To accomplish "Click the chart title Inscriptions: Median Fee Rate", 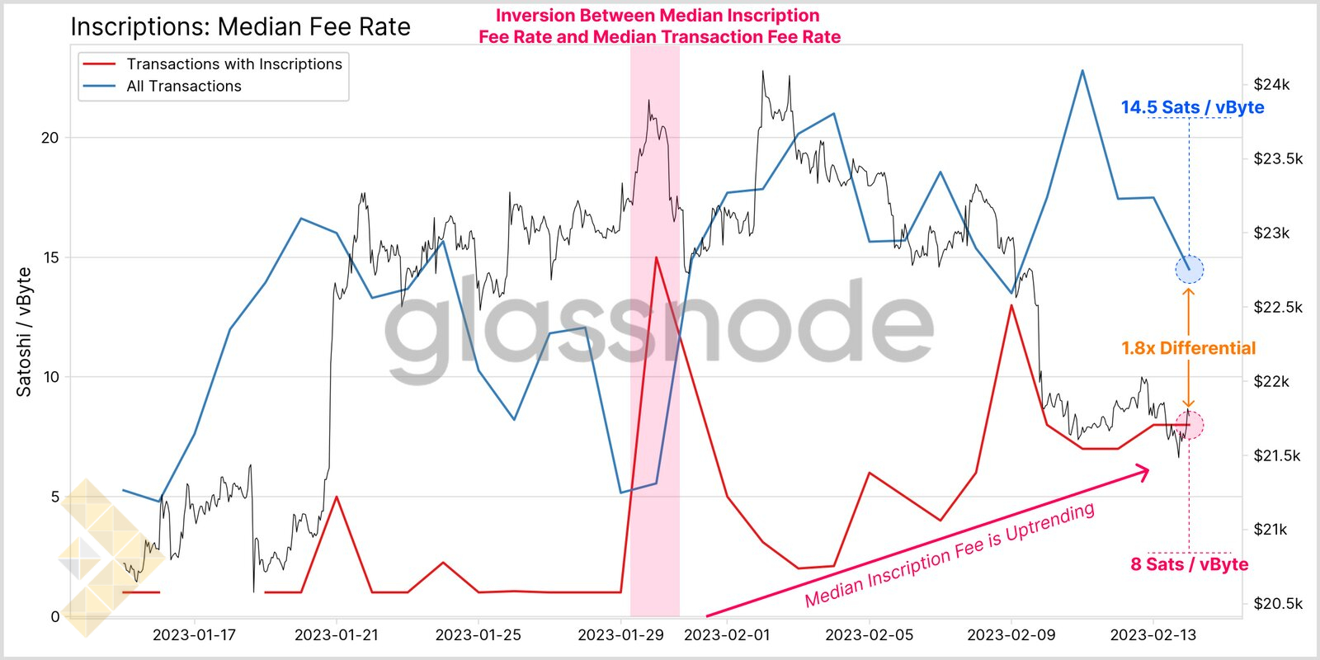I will pyautogui.click(x=240, y=27).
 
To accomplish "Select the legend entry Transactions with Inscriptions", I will pyautogui.click(x=234, y=64).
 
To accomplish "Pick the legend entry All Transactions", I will pyautogui.click(x=184, y=87).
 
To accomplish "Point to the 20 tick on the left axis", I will pyautogui.click(x=50, y=138).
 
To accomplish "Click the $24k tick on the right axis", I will pyautogui.click(x=1271, y=84).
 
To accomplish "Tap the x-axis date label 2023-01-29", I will pyautogui.click(x=620, y=635).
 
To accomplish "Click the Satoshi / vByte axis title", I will pyautogui.click(x=24, y=332).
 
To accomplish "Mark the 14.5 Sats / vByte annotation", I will pyautogui.click(x=1192, y=107).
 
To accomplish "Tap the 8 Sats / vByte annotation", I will pyautogui.click(x=1189, y=564).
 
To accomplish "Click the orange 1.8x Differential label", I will pyautogui.click(x=1188, y=348).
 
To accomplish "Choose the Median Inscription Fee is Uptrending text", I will pyautogui.click(x=950, y=554).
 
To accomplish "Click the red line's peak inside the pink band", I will pyautogui.click(x=656, y=257).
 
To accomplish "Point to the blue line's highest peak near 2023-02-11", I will pyautogui.click(x=1082, y=71).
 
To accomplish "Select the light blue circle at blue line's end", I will pyautogui.click(x=1189, y=269).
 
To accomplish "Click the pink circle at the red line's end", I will pyautogui.click(x=1189, y=425).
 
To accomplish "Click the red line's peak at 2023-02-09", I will pyautogui.click(x=1011, y=305).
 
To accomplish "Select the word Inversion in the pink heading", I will pyautogui.click(x=534, y=16).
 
